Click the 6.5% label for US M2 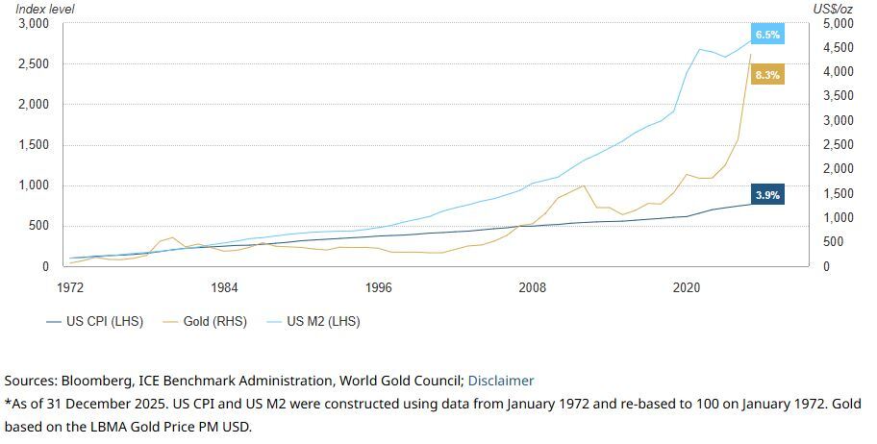click(x=767, y=35)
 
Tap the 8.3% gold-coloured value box click(x=767, y=74)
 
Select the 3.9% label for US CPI click(x=767, y=195)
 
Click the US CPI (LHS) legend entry click(x=95, y=321)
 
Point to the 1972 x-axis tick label click(x=70, y=287)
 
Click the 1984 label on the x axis click(x=224, y=287)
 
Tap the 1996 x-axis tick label click(x=379, y=287)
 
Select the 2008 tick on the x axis click(x=532, y=287)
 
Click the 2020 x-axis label click(x=686, y=287)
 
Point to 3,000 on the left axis click(x=36, y=24)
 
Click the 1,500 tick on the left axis click(x=36, y=145)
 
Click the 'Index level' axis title click(x=45, y=9)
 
